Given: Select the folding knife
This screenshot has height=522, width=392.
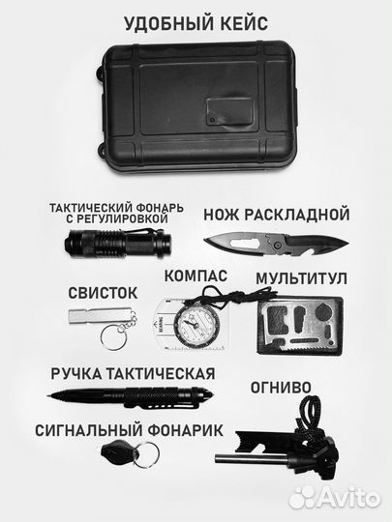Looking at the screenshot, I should point(275,243).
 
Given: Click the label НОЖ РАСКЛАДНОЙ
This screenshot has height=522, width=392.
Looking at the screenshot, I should point(276,215).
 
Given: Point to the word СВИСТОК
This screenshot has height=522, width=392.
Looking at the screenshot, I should point(103,292).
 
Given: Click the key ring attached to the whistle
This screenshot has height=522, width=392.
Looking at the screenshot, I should point(117,337).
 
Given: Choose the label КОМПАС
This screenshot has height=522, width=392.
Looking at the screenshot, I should point(196,275).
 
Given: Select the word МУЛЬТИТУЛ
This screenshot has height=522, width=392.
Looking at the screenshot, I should point(301,278).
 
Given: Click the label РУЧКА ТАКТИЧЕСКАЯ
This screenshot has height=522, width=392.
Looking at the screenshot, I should point(118,372).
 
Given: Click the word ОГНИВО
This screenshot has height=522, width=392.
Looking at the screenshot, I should point(280,387).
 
